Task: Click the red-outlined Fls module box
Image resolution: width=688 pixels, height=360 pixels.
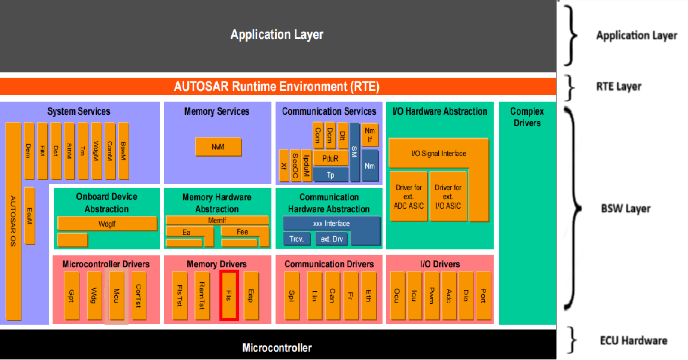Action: (229, 295)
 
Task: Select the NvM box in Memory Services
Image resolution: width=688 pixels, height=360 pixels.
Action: (218, 147)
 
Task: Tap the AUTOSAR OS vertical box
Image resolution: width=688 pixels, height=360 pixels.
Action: (14, 221)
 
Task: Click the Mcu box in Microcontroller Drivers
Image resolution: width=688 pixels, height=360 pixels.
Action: (116, 295)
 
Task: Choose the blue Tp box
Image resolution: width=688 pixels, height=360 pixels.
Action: (331, 175)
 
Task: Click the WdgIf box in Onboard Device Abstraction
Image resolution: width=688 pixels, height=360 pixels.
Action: (106, 223)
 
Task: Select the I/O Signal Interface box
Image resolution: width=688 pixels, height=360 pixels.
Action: (438, 154)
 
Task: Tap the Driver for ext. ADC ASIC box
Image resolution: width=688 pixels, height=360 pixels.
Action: (408, 196)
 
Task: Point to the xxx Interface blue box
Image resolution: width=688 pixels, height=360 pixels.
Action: (331, 224)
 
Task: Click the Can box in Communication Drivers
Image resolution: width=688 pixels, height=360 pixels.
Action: (332, 295)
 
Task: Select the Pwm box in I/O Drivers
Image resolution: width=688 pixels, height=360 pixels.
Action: (431, 295)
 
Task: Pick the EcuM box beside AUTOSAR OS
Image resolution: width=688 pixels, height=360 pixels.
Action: (30, 216)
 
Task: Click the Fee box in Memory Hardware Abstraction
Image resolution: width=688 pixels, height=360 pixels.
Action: (242, 231)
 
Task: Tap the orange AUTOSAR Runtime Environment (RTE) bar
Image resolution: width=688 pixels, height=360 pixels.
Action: (277, 86)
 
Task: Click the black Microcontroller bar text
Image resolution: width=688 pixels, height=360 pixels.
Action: (277, 347)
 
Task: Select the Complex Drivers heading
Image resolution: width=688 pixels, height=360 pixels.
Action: (527, 117)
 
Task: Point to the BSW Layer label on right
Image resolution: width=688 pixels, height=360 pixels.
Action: (625, 209)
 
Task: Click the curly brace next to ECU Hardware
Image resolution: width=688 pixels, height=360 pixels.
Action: (574, 341)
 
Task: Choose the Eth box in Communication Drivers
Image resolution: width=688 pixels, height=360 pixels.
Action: (369, 295)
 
